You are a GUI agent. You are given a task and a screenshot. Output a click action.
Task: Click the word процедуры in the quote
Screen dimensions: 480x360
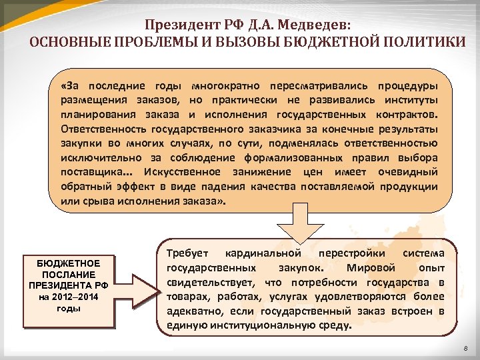(x=407, y=87)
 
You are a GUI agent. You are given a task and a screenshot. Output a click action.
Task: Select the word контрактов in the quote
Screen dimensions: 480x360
(x=402, y=114)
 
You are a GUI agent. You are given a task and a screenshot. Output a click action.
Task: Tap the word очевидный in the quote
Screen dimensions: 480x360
(x=408, y=173)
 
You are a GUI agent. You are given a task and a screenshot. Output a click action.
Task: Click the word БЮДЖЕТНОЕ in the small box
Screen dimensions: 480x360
(x=69, y=264)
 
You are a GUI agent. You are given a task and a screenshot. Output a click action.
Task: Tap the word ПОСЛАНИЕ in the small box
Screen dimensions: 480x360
(x=69, y=275)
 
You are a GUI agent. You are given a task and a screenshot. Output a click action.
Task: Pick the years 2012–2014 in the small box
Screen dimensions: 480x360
(x=77, y=297)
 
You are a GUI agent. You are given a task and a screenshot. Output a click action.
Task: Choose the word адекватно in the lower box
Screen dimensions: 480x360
(x=191, y=312)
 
